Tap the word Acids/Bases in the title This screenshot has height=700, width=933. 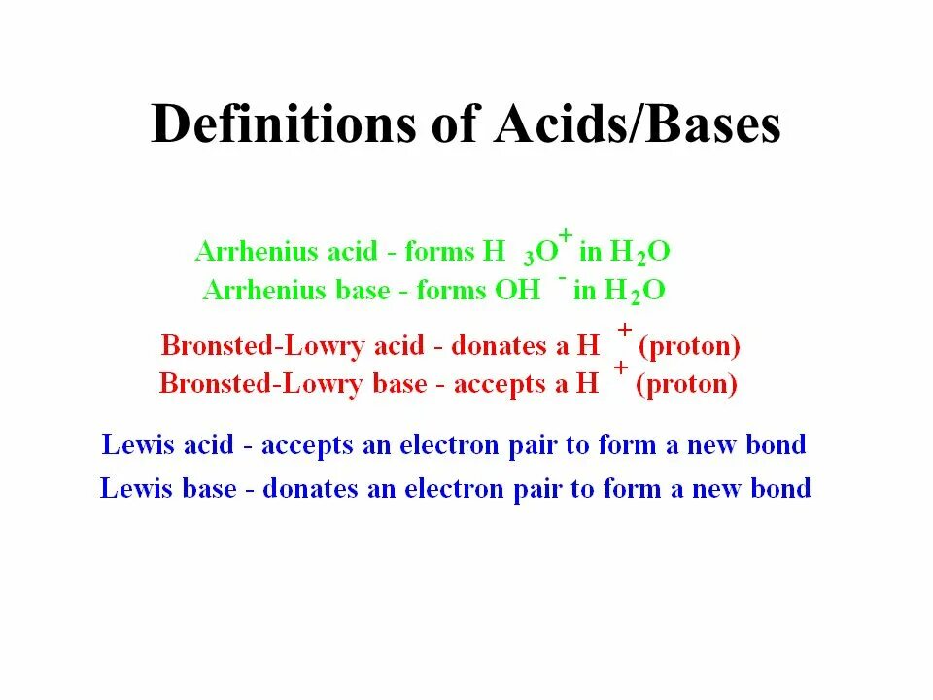tap(637, 125)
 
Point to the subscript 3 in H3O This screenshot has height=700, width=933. tap(528, 259)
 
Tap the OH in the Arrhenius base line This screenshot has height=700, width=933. tap(520, 290)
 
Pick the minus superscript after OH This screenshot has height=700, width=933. tap(562, 277)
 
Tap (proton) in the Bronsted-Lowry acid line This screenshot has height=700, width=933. tap(689, 345)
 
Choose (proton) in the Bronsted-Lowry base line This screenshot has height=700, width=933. tap(686, 383)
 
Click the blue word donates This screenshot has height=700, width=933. tap(314, 488)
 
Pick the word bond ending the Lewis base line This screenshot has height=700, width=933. tap(780, 488)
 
